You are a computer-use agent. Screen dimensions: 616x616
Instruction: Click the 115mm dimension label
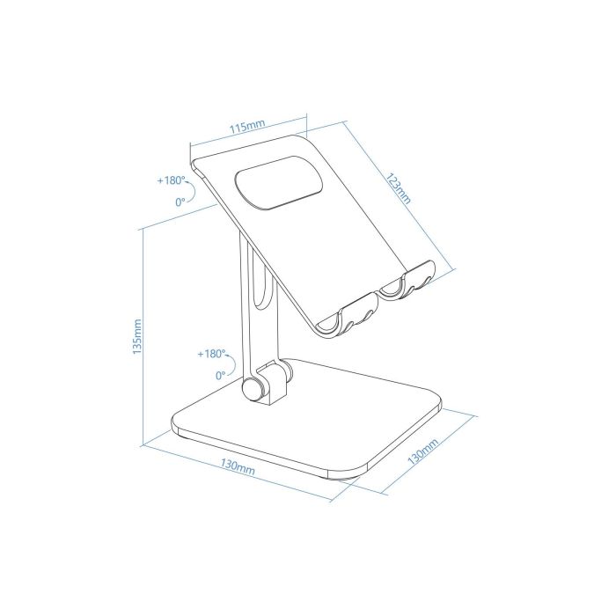(246, 128)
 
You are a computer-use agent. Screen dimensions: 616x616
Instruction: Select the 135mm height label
(135, 335)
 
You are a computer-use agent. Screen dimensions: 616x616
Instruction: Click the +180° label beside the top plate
(172, 180)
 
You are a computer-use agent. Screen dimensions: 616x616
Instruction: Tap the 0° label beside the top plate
(180, 202)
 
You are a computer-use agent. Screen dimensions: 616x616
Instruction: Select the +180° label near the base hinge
(211, 354)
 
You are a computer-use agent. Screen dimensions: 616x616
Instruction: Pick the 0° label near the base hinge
(220, 375)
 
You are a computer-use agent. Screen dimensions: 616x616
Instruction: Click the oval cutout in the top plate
(275, 183)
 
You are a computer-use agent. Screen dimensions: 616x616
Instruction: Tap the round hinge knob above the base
(255, 390)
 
